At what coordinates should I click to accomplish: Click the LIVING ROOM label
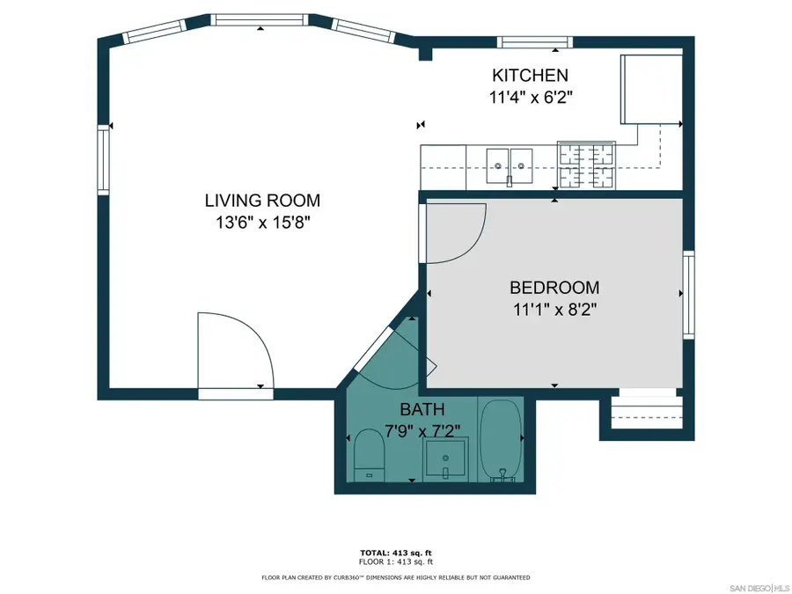(262, 201)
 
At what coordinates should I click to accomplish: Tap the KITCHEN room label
(530, 76)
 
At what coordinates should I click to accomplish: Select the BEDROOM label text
(554, 288)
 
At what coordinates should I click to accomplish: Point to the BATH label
(422, 409)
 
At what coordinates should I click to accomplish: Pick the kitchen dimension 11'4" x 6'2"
(530, 98)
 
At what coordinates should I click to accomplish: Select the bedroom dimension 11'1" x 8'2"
(554, 309)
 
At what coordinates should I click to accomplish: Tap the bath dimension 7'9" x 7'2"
(422, 430)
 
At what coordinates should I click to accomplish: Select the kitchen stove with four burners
(588, 165)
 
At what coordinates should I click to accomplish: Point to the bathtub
(501, 440)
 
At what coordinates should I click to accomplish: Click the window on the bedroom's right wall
(688, 294)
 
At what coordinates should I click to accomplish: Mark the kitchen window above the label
(534, 41)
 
